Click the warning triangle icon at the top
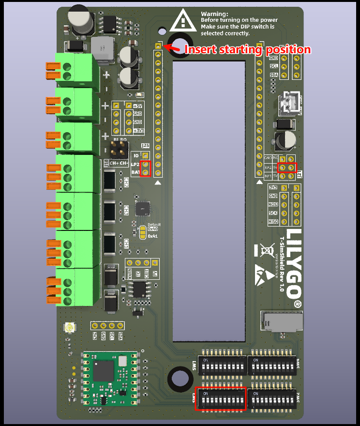[183, 20]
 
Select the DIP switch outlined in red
[220, 399]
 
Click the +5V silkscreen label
[138, 106]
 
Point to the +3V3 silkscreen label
[138, 131]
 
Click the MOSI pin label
[273, 205]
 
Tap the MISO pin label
[273, 222]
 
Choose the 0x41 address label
[153, 236]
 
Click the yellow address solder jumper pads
[142, 233]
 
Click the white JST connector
[290, 102]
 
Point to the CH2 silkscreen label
[126, 182]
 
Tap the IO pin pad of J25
[145, 155]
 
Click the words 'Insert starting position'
[247, 49]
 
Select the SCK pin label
[273, 213]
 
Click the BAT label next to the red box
[135, 172]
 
